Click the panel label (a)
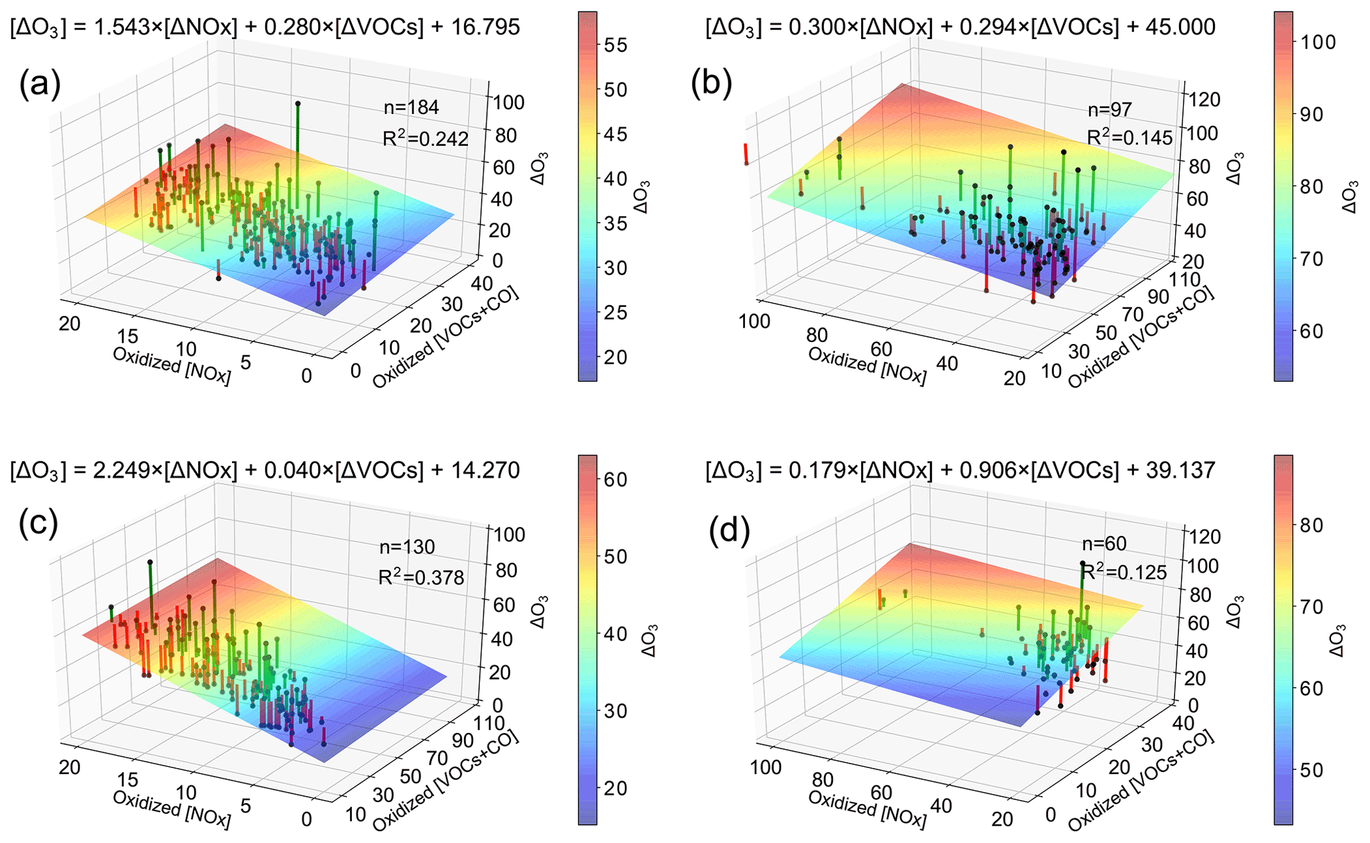coord(40,85)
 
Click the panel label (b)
coord(711,85)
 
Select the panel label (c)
coord(38,524)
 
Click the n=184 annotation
coord(411,107)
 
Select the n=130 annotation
coord(407,547)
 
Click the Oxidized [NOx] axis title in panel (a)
coord(172,365)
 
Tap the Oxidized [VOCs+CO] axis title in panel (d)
coord(1141,782)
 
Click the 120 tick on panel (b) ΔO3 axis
coord(1206,99)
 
